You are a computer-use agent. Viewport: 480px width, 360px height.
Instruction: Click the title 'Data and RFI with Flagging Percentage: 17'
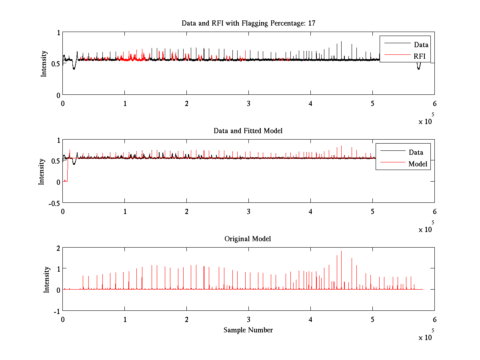pos(248,23)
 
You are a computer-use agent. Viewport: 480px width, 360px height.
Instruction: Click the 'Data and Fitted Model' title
pos(248,131)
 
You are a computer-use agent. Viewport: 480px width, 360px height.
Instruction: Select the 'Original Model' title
pos(248,239)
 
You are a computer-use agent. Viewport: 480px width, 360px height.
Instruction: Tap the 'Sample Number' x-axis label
pos(248,330)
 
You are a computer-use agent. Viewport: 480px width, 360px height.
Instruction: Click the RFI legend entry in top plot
pos(420,56)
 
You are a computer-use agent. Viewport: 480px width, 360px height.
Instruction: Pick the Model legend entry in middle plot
pos(418,164)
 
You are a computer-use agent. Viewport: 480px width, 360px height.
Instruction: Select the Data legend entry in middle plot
pos(416,152)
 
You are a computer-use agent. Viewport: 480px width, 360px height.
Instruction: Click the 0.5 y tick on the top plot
pos(56,64)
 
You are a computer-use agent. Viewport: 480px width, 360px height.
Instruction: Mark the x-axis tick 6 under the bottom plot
pos(434,319)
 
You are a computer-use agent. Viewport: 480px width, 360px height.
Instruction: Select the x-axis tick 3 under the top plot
pos(249,103)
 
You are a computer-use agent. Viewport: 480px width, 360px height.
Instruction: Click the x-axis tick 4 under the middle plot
pos(311,211)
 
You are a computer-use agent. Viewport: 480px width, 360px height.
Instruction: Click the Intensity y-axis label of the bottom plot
pos(47,279)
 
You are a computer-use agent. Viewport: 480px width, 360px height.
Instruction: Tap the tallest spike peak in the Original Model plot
pos(341,251)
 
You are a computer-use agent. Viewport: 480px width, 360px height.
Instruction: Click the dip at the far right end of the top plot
pos(418,68)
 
